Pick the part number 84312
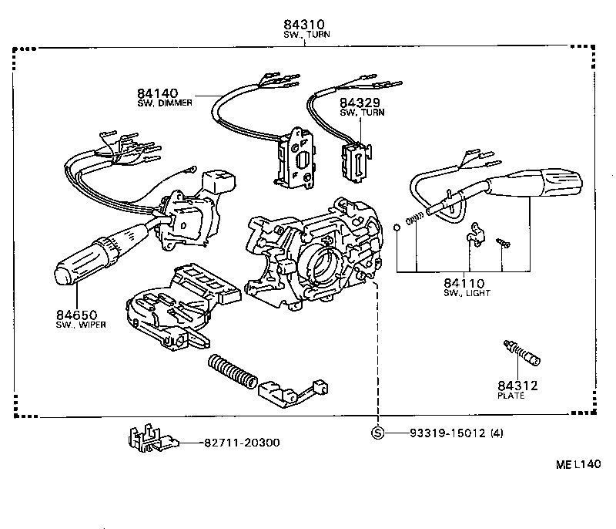(517, 386)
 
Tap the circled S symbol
(377, 433)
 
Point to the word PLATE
(511, 396)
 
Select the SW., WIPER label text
(80, 325)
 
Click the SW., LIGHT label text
(467, 293)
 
